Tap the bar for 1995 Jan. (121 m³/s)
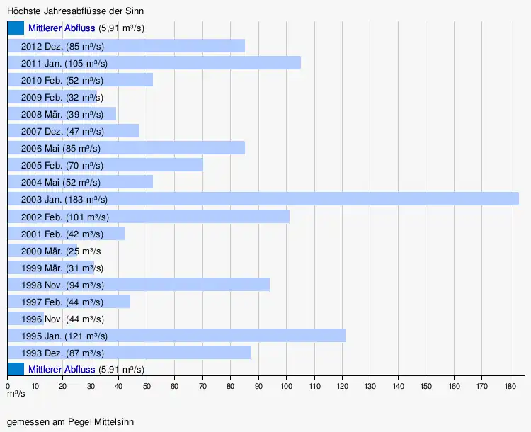pos(212,335)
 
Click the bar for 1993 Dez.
pos(177,352)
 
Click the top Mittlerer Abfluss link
pos(62,28)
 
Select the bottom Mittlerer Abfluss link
pos(62,369)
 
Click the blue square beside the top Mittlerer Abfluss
pos(16,28)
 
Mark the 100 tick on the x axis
pos(286,386)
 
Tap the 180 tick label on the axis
pos(509,386)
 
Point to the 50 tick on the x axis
pos(147,386)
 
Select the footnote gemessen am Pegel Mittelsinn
pos(70,421)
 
